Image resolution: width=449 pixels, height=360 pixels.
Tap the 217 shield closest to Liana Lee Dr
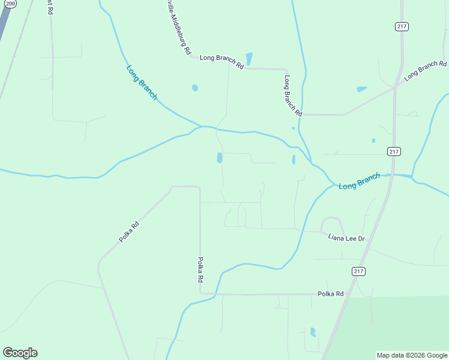(x=358, y=271)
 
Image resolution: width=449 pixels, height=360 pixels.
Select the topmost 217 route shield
(x=402, y=26)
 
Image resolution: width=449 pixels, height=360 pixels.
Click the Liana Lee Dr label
(x=346, y=238)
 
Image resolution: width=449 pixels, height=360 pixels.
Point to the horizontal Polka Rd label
(x=331, y=294)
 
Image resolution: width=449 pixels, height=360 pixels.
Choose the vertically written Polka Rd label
(x=200, y=270)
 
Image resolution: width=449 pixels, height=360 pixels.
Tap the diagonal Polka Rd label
(x=129, y=232)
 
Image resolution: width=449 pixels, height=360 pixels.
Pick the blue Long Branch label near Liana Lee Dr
(x=359, y=181)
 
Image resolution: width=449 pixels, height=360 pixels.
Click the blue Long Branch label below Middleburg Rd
(x=142, y=82)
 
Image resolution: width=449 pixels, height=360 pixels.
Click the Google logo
(x=20, y=353)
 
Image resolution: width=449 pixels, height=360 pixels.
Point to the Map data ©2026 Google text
(x=412, y=355)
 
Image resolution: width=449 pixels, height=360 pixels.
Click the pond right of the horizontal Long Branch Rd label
(x=249, y=59)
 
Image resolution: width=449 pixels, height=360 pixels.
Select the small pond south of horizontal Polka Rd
(x=313, y=332)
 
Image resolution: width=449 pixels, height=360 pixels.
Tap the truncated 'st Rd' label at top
(x=50, y=7)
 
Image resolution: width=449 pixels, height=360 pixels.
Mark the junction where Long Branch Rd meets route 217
(x=394, y=88)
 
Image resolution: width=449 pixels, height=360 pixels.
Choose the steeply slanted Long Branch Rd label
(x=292, y=95)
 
